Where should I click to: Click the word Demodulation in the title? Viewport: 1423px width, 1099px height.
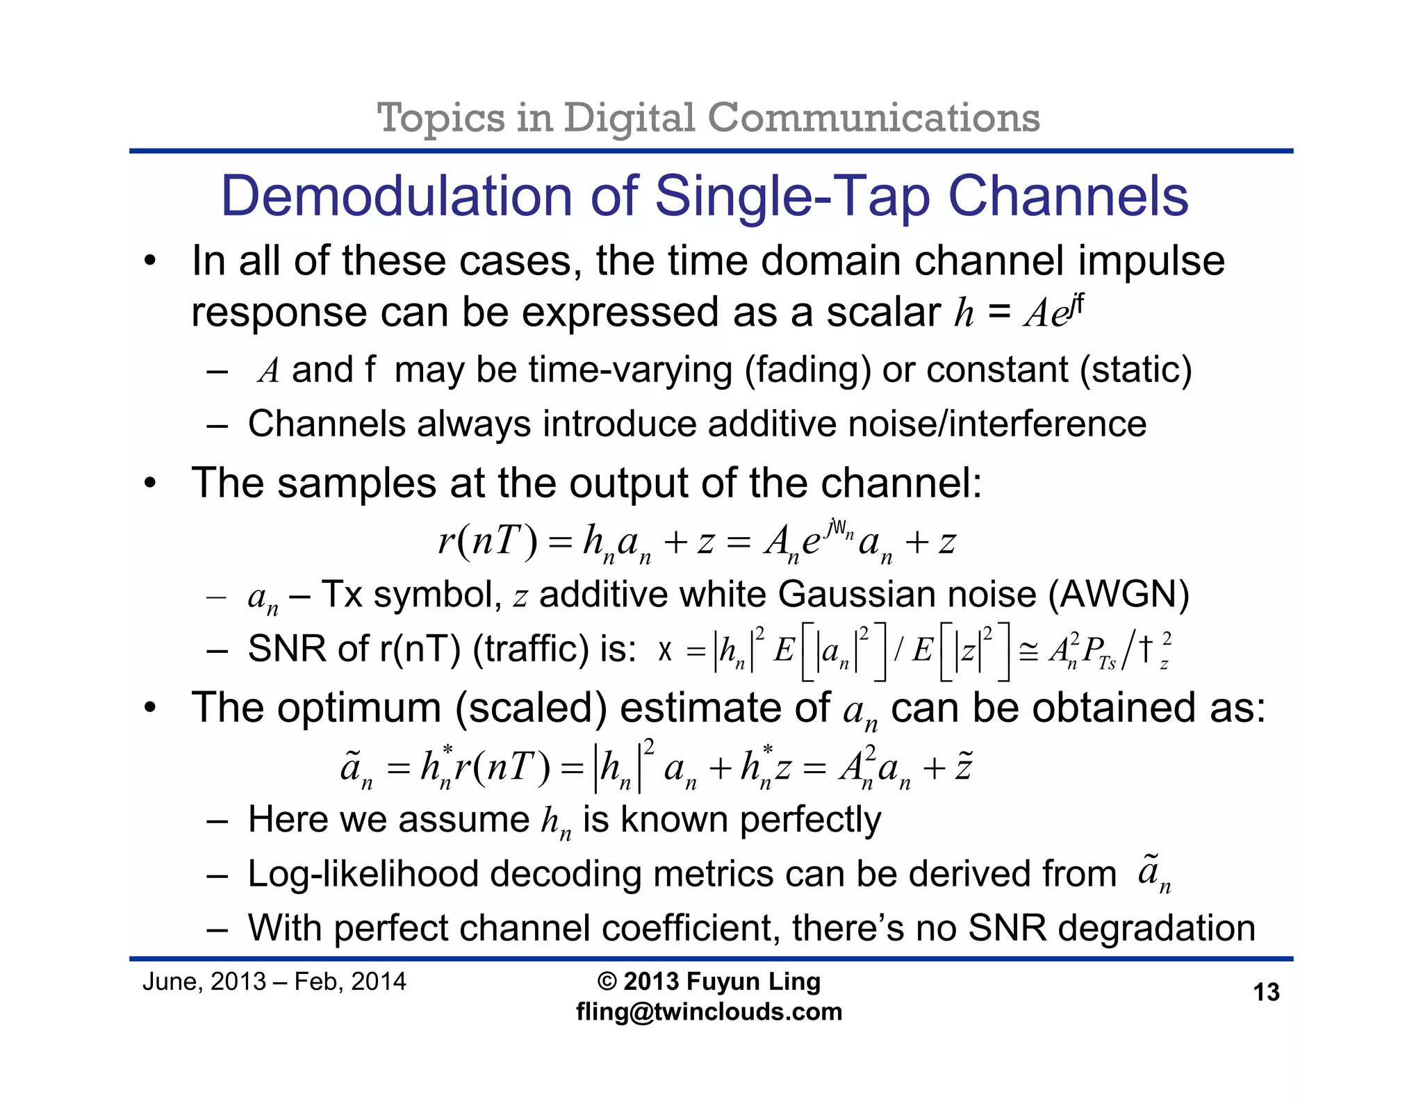pos(395,197)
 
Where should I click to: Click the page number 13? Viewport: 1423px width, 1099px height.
pos(1266,992)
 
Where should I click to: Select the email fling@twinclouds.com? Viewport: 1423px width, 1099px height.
pos(709,1011)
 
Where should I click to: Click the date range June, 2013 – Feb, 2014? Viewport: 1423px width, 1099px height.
pos(274,982)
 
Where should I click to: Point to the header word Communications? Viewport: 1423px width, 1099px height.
pos(873,117)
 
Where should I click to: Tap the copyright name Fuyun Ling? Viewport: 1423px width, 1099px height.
pos(753,982)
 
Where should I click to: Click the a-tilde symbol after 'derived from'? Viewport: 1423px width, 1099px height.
pos(1153,875)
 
